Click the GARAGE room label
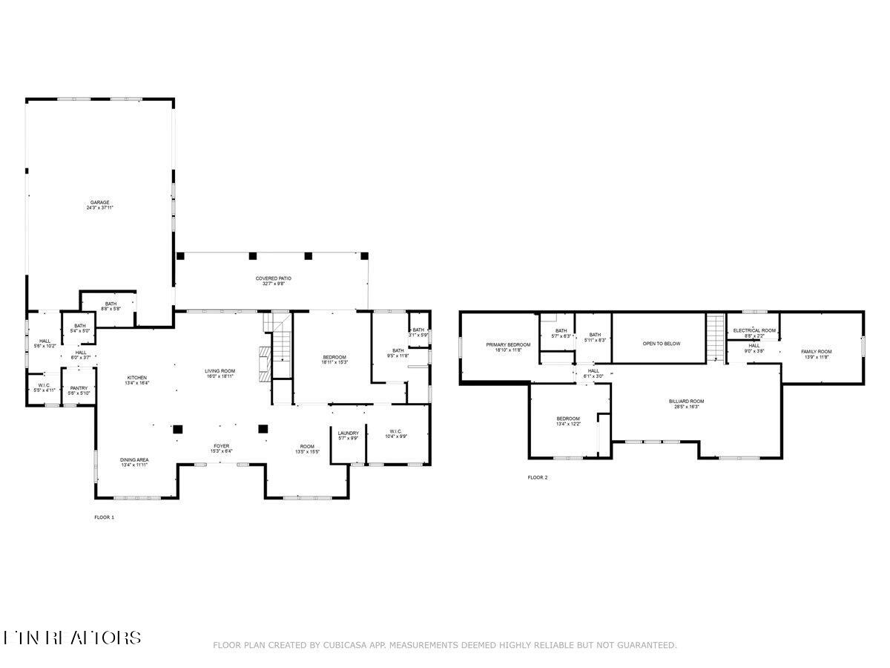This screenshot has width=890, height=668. (x=100, y=202)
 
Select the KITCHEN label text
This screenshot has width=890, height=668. (x=136, y=378)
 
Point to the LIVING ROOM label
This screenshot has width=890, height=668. (x=220, y=371)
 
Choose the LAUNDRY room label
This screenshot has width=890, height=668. (x=348, y=433)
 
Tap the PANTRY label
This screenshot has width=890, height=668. (x=79, y=388)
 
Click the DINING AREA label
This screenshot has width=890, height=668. (x=134, y=460)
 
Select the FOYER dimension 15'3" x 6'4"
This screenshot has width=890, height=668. (x=221, y=451)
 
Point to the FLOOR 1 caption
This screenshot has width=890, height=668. (x=104, y=517)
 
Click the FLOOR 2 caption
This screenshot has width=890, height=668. (x=537, y=477)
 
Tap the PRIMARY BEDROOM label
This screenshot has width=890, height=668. (x=508, y=344)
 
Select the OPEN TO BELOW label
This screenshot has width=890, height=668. (x=661, y=344)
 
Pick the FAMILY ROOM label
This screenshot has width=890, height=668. (x=816, y=351)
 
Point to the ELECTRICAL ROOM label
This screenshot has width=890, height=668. (x=754, y=330)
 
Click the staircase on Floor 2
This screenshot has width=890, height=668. (x=716, y=338)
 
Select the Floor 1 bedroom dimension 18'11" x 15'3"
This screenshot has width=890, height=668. (x=334, y=362)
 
